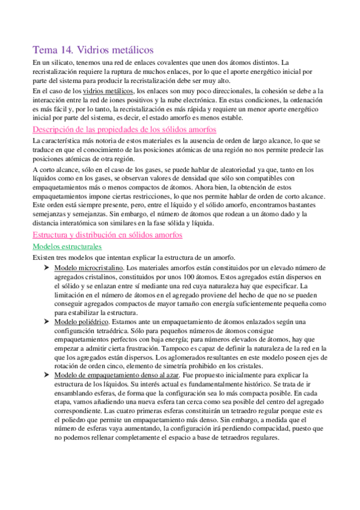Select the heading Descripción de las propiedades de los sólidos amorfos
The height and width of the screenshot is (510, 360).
[124, 129]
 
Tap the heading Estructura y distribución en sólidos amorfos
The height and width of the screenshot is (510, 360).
[106, 234]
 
